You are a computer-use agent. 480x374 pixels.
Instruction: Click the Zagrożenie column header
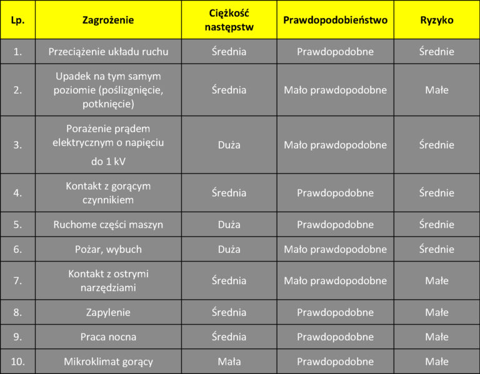[x=108, y=20]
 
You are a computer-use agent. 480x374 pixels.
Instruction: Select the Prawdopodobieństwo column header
[x=335, y=20]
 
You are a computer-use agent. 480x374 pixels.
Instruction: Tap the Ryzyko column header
[x=436, y=20]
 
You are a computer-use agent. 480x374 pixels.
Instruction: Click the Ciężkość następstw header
[x=229, y=20]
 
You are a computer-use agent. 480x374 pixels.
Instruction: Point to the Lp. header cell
[x=17, y=20]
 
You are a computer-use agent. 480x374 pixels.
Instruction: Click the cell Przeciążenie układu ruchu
[x=108, y=52]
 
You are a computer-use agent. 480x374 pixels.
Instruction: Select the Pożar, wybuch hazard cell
[x=108, y=249]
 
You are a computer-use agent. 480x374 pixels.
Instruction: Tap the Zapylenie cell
[x=108, y=312]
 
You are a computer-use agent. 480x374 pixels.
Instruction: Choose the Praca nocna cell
[x=108, y=337]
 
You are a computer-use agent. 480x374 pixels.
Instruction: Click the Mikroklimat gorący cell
[x=108, y=362]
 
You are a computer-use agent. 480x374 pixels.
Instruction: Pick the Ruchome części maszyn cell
[x=108, y=224]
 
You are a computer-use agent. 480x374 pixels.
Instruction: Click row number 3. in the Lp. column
[x=17, y=145]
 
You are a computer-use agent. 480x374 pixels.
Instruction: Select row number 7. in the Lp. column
[x=17, y=281]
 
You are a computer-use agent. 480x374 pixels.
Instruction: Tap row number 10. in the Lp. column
[x=17, y=362]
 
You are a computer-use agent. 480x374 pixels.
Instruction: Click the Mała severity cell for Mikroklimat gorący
[x=229, y=362]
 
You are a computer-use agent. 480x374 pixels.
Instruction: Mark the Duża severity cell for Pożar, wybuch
[x=229, y=249]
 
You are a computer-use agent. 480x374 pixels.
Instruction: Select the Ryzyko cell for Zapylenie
[x=436, y=312]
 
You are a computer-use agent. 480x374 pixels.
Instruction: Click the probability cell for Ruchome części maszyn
[x=335, y=224]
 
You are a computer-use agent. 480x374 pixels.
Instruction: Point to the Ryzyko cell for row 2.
[x=436, y=90]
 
